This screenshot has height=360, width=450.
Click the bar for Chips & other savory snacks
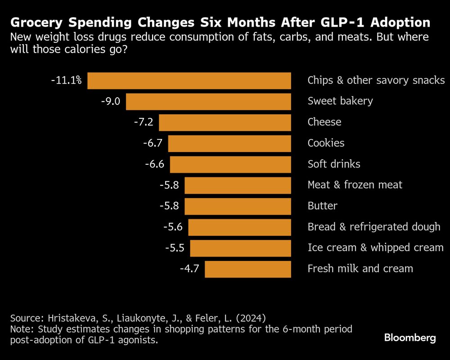pyautogui.click(x=189, y=81)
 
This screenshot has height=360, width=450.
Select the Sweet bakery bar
pyautogui.click(x=208, y=101)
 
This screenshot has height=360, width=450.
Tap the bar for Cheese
pyautogui.click(x=225, y=122)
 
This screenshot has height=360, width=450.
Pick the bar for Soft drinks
pyautogui.click(x=230, y=164)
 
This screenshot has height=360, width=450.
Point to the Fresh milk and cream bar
pyautogui.click(x=247, y=269)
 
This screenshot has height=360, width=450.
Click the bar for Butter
pyautogui.click(x=238, y=206)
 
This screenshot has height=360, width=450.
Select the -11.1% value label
pyautogui.click(x=66, y=81)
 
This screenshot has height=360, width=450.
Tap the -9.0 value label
pyautogui.click(x=111, y=101)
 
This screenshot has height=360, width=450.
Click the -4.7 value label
pyautogui.click(x=189, y=269)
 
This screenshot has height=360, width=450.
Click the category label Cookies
pyautogui.click(x=326, y=143)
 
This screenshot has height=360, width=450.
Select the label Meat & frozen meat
pyautogui.click(x=355, y=185)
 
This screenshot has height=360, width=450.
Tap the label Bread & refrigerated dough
pyautogui.click(x=373, y=227)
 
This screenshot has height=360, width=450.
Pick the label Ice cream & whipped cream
pyautogui.click(x=375, y=248)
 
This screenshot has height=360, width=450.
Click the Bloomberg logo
pyautogui.click(x=410, y=338)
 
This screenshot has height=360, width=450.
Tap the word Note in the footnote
pyautogui.click(x=19, y=329)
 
